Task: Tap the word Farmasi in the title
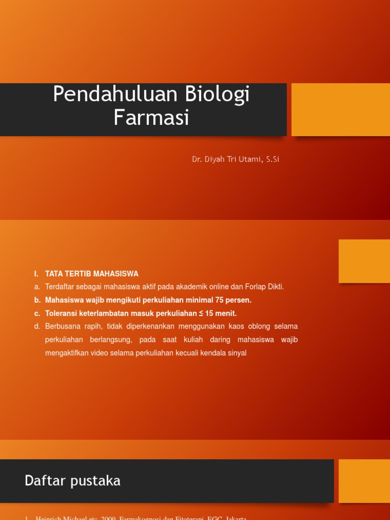151,118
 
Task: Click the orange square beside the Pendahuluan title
340,110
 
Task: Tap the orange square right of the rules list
364,261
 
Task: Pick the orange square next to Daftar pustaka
364,481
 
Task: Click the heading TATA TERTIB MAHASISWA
92,274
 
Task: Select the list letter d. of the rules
37,326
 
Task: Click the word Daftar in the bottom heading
42,481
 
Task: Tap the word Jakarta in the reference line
234,518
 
